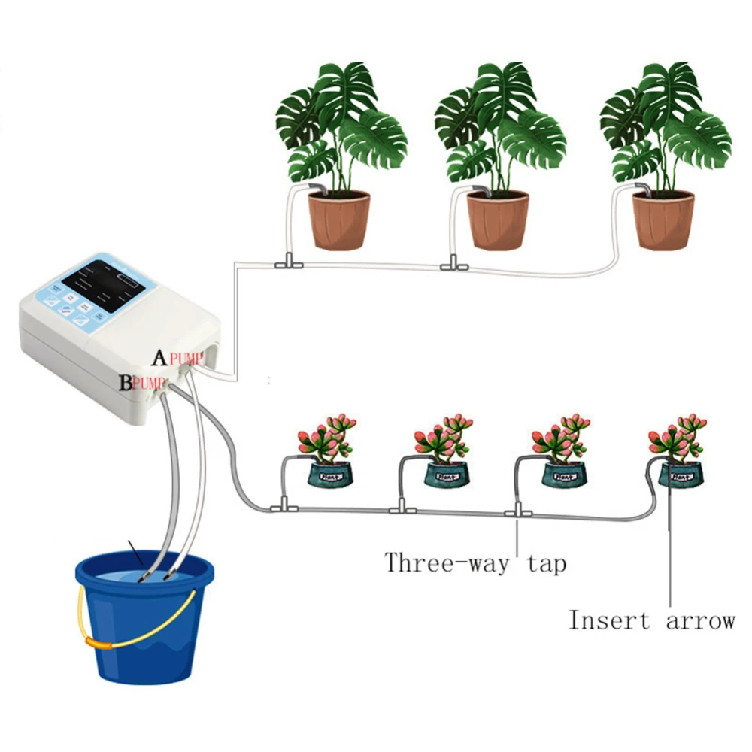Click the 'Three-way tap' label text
coord(475,562)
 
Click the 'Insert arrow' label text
coord(650,621)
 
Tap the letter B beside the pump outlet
coord(125,382)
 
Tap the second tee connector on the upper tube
coord(451,264)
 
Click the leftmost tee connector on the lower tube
coord(284,506)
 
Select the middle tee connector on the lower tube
coord(402,510)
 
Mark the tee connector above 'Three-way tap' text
coord(518,513)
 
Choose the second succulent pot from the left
coord(446,475)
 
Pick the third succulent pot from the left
coord(563,475)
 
